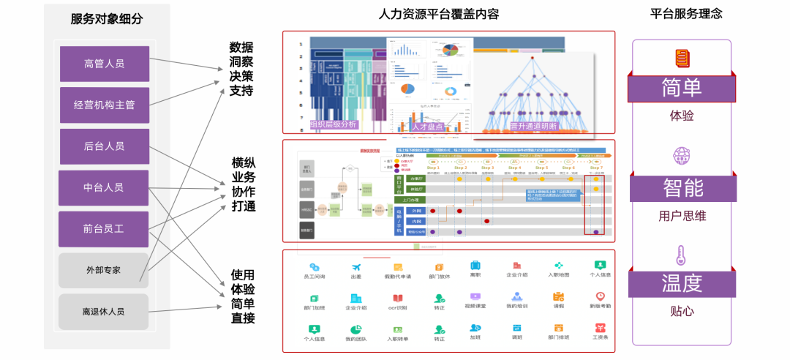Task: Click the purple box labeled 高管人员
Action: click(x=104, y=64)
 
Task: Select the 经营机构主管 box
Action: click(x=104, y=105)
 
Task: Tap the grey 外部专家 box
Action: click(x=103, y=270)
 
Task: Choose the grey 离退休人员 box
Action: click(x=103, y=311)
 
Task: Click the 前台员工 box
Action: click(x=103, y=229)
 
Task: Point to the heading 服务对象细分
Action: click(x=106, y=20)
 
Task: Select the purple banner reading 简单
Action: click(x=682, y=88)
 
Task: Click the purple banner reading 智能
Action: click(x=682, y=188)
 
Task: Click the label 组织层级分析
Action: click(x=334, y=125)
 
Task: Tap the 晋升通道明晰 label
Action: click(x=533, y=127)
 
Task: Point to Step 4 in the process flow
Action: click(x=515, y=168)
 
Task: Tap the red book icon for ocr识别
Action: click(x=397, y=299)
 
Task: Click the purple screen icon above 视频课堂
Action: click(x=475, y=298)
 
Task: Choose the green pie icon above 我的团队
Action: click(x=355, y=329)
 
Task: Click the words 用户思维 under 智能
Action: click(x=682, y=217)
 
